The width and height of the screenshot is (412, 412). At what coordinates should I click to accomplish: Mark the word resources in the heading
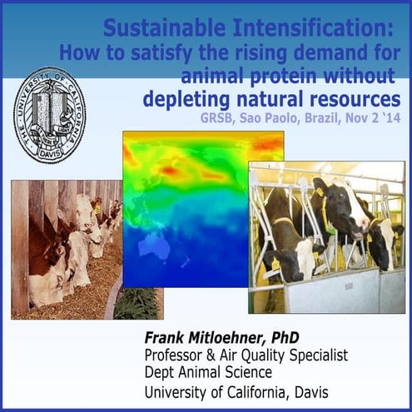(x=360, y=99)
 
